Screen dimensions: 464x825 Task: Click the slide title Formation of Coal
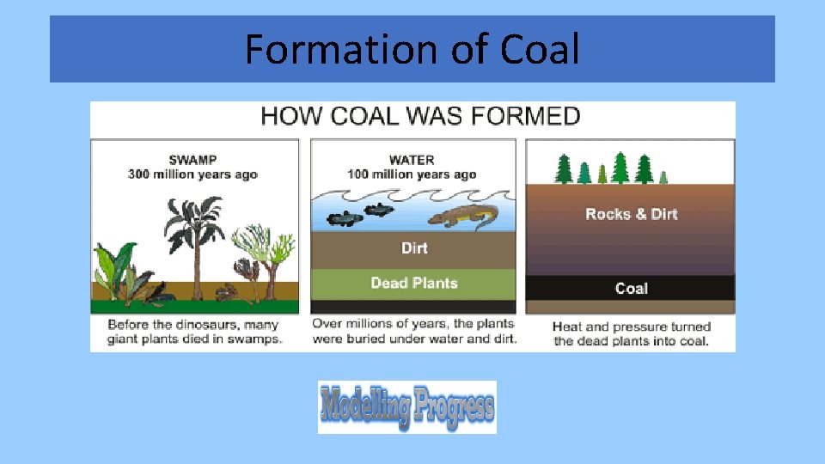(412, 49)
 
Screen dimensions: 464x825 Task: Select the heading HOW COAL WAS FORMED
(420, 116)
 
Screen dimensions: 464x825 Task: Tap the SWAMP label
(192, 160)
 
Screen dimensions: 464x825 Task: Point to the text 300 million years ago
(192, 174)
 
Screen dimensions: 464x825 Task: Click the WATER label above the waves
(412, 160)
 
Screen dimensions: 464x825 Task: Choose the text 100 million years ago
(412, 174)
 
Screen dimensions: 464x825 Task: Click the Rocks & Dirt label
(631, 214)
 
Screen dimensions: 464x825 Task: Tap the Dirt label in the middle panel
(413, 248)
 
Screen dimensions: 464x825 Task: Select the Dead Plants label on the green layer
(413, 283)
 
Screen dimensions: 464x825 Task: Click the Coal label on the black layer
(631, 289)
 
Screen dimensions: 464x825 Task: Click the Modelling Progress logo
(407, 406)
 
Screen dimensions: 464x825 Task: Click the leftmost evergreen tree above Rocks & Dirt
(564, 168)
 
